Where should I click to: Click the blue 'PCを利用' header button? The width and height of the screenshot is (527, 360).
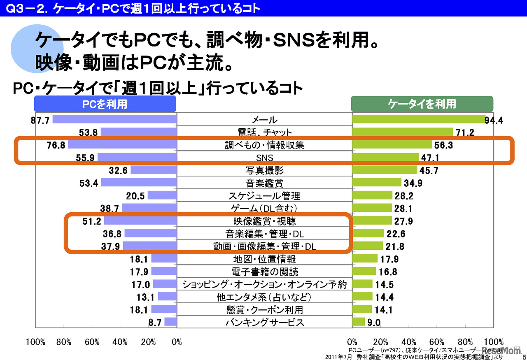pos(105,104)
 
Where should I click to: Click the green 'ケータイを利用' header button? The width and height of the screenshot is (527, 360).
pos(422,104)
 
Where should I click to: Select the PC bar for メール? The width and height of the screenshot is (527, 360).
pos(114,119)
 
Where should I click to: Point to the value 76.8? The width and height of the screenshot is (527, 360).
pos(56,145)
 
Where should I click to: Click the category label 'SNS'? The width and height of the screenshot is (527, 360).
pos(264,158)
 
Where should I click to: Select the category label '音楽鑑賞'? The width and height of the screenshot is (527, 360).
pos(264,183)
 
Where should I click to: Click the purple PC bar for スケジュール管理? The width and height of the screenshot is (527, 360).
pos(162,195)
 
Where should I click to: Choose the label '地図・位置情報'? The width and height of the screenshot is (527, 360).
pos(264,259)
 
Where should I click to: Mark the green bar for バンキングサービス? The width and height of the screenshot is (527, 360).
pos(359,322)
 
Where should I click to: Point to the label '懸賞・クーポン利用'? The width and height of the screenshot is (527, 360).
pos(264,309)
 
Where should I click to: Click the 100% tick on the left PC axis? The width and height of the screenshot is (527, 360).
pos(35,342)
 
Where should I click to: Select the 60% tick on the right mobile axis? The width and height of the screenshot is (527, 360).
pos(437,342)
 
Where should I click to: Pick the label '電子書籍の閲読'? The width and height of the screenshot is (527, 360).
pos(264,272)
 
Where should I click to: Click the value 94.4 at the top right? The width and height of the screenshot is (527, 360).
pos(495,120)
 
